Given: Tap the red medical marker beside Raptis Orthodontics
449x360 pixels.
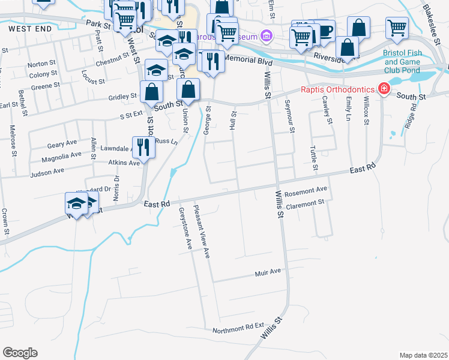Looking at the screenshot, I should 383,90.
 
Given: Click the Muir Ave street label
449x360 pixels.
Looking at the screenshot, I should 268,272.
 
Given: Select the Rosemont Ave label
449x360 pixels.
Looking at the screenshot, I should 307,191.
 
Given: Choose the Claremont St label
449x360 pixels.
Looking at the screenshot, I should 305,204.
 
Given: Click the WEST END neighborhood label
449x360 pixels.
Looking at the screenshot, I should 26,28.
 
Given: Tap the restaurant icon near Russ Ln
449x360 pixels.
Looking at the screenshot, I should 143,146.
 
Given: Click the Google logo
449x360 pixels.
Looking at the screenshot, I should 20,353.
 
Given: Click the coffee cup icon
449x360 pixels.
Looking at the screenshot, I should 324,31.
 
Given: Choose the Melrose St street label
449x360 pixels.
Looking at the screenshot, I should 12,140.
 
